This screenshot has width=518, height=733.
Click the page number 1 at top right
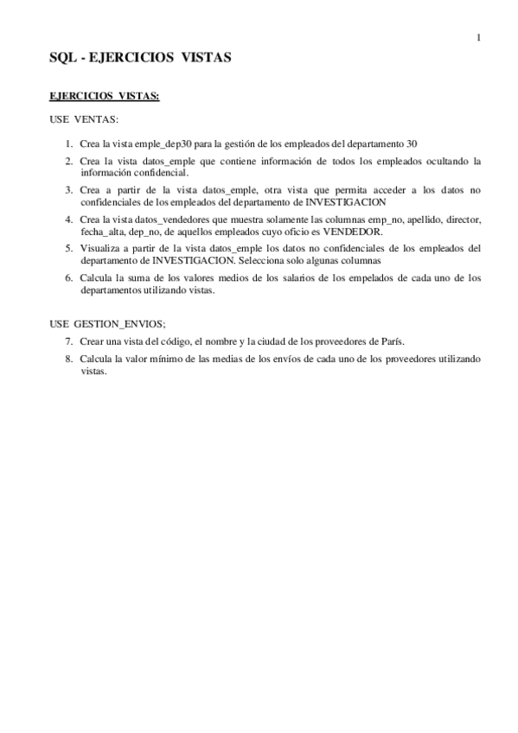(x=478, y=37)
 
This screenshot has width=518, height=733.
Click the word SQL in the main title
(x=62, y=59)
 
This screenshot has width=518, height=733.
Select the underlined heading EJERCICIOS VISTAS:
(x=104, y=97)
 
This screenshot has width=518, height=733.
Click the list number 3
(x=68, y=188)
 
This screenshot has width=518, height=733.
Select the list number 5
(x=68, y=247)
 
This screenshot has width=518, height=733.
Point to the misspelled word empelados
(x=378, y=278)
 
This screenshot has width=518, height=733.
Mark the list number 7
(x=68, y=341)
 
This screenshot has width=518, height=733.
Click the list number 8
(x=68, y=358)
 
